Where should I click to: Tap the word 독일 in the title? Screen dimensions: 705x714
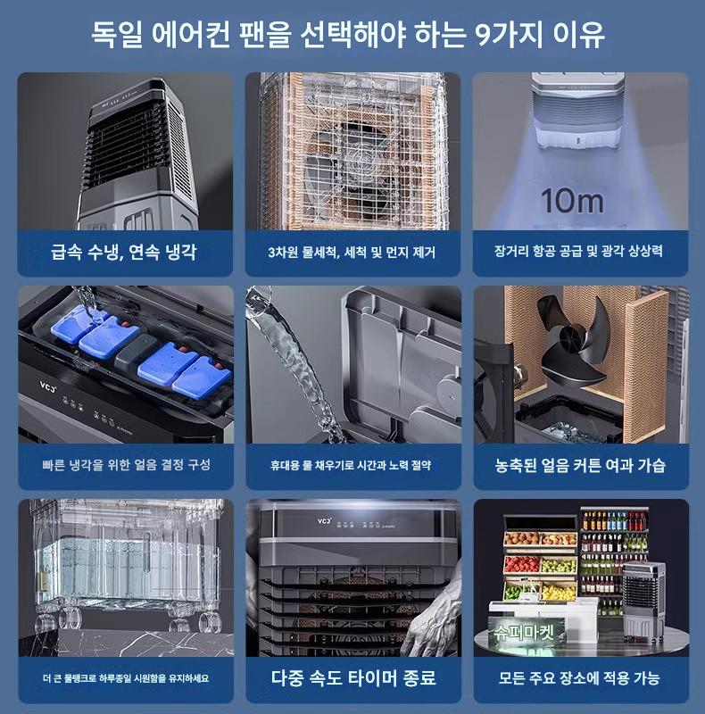tap(117, 34)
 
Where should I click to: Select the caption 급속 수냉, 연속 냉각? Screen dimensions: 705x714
tap(124, 252)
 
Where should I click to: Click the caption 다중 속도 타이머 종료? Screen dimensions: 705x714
tap(353, 677)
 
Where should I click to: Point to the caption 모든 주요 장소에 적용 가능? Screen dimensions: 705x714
tap(579, 678)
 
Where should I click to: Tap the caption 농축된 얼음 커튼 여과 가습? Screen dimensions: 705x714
tap(580, 465)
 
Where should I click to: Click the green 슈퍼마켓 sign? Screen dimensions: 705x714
tap(524, 633)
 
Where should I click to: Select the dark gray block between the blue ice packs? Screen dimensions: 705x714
tap(136, 352)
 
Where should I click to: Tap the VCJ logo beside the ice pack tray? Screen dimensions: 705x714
tap(47, 387)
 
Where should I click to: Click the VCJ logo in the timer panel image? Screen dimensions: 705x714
tap(324, 520)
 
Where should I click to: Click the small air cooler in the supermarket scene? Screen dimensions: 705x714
tap(643, 600)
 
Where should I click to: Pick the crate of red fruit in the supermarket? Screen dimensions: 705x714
tap(522, 565)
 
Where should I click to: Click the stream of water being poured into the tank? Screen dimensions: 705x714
tap(296, 364)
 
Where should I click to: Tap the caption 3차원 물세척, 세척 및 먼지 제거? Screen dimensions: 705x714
tap(352, 253)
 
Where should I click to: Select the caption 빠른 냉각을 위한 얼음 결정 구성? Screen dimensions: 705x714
tap(126, 464)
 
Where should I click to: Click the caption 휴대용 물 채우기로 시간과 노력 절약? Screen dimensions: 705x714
tap(351, 465)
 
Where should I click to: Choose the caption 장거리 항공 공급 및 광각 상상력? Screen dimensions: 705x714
tap(578, 251)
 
